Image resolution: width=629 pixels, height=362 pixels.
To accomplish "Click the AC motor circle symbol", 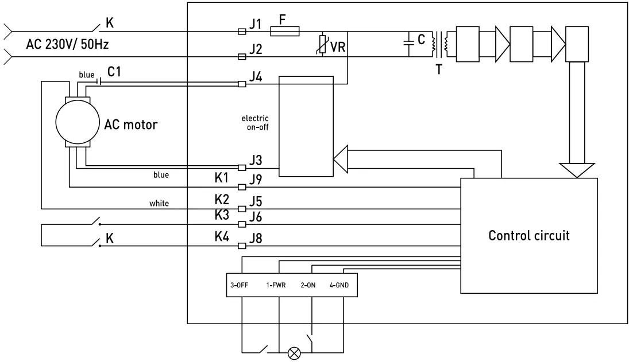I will pyautogui.click(x=76, y=122).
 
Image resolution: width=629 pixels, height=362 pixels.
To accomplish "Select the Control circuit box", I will pyautogui.click(x=529, y=235).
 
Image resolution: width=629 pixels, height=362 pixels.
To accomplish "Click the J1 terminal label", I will pyautogui.click(x=255, y=24).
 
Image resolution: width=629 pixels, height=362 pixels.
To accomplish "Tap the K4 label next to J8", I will pyautogui.click(x=222, y=236).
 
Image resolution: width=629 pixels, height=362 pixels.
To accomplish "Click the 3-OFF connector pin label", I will pyautogui.click(x=238, y=285).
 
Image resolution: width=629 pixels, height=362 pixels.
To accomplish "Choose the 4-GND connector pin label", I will pyautogui.click(x=338, y=285).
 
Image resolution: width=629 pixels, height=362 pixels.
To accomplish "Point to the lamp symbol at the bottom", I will pyautogui.click(x=294, y=353).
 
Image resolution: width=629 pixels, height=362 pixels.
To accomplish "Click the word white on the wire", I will pyautogui.click(x=159, y=203).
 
